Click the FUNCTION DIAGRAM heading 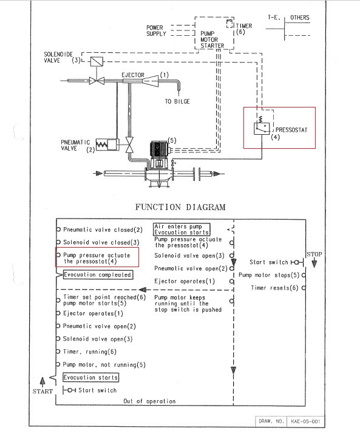[x=180, y=207]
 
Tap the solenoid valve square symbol [x=97, y=61]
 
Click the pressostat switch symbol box [x=262, y=129]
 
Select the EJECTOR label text [x=133, y=75]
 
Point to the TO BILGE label [x=177, y=101]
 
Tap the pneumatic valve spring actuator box [x=107, y=145]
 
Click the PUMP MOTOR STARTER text [x=212, y=39]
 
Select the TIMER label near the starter [x=244, y=26]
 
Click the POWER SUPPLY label [x=156, y=30]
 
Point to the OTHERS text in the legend [x=300, y=18]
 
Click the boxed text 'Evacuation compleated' [x=98, y=274]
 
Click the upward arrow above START [x=42, y=382]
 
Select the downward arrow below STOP [x=314, y=263]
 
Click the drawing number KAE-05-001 [x=305, y=421]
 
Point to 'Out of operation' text [x=149, y=401]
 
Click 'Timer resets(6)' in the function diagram [x=274, y=288]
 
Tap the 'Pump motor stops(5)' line [x=269, y=275]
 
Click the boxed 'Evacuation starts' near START [x=90, y=378]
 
